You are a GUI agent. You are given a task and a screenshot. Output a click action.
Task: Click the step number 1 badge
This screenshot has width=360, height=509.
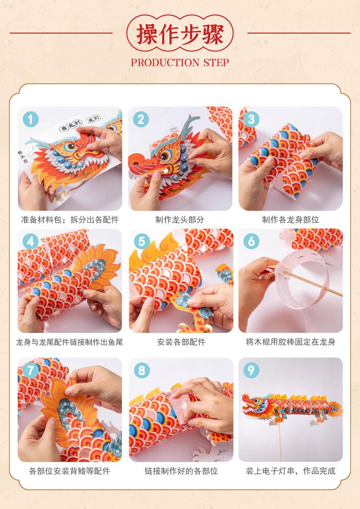point(31,120)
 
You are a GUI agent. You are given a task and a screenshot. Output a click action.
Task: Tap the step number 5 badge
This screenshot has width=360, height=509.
point(142,241)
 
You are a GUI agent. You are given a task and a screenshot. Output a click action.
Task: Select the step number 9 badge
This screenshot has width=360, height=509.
point(251,370)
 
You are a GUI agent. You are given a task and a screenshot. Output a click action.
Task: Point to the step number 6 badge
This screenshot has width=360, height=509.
point(251,241)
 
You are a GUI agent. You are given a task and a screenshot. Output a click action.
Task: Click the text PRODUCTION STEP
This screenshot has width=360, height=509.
point(180,62)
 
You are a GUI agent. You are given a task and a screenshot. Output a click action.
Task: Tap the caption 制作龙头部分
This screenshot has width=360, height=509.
point(180,220)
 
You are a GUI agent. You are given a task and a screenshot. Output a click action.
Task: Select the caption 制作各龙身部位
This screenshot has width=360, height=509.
point(290,220)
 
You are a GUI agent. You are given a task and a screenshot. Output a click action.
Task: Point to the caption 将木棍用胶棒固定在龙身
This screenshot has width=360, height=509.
point(290,342)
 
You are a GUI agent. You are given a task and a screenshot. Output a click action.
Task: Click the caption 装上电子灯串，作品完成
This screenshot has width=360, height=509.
point(290,471)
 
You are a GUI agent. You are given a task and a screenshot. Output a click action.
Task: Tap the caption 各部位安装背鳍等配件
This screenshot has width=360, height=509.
point(70,471)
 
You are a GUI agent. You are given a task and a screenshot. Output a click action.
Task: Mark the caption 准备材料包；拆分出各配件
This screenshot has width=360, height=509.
point(70,220)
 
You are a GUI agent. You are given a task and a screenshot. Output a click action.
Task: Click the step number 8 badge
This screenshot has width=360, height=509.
point(142,370)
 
